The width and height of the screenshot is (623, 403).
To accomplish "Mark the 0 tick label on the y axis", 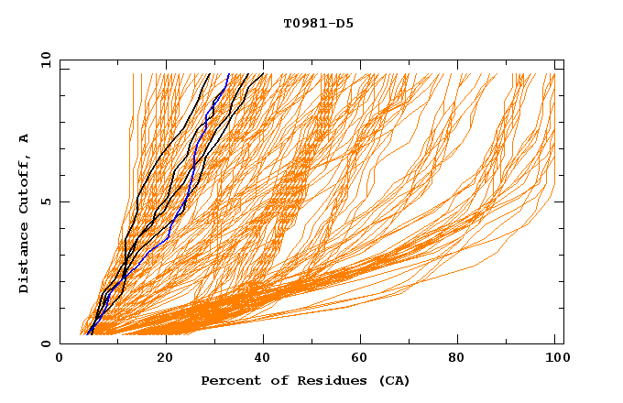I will point(46,343).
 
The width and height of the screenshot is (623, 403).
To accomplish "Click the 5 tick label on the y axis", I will point(46,201).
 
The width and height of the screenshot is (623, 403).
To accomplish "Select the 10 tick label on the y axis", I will point(43,60).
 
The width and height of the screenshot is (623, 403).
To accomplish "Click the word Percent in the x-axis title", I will point(229,381).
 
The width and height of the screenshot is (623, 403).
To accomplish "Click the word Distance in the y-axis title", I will point(25,258).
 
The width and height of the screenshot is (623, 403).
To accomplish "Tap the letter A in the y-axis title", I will point(25,138).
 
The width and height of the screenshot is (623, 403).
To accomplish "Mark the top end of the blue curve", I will point(228,74).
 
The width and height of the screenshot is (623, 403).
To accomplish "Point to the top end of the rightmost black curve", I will point(263,74).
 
